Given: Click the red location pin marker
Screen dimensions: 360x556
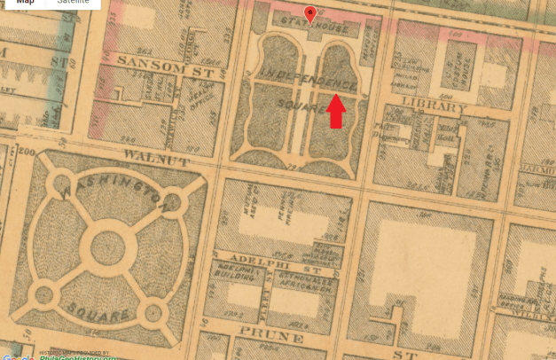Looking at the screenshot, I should click(309, 13).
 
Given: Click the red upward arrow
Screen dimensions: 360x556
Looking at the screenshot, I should click(336, 111).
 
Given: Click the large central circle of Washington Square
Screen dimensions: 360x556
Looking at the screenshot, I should click(110, 244).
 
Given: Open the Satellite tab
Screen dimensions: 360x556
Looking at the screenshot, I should click(74, 4).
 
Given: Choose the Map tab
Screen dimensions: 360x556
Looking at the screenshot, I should click(26, 4).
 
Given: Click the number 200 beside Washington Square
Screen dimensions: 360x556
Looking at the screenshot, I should click(23, 153).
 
